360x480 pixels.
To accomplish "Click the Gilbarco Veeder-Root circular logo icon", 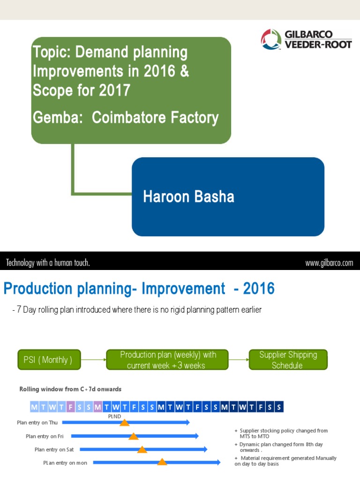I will click(271, 39).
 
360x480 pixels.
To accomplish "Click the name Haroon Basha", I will click(188, 196).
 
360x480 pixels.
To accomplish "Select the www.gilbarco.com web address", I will click(329, 263).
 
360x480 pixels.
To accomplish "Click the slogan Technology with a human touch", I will click(48, 263).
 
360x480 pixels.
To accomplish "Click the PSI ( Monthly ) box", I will click(49, 360).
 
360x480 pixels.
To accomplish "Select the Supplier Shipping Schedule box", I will click(288, 360).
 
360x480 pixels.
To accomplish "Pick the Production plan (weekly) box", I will click(168, 360).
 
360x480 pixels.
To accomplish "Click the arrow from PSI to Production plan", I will click(93, 360).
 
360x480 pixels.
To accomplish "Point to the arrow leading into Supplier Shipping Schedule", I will click(239, 360).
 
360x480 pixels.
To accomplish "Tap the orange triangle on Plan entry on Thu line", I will click(124, 423).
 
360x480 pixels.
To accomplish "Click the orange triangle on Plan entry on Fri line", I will click(134, 436).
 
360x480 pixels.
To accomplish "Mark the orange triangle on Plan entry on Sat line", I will click(142, 450).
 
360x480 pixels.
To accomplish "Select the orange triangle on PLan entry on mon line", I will click(162, 462).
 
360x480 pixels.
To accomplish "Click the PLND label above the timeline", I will click(115, 415).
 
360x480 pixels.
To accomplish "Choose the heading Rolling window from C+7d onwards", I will click(70, 389).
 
